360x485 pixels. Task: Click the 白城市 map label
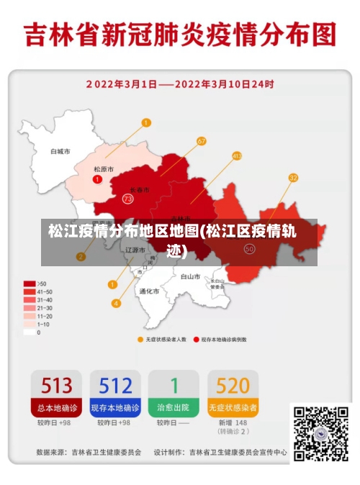click(x=60, y=152)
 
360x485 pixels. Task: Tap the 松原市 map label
click(x=104, y=169)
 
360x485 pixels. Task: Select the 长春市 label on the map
click(x=140, y=189)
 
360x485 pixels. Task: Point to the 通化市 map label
click(x=149, y=291)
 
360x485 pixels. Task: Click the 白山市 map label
click(x=190, y=276)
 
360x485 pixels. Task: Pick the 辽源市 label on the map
click(x=135, y=250)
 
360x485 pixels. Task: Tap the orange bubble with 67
click(x=201, y=141)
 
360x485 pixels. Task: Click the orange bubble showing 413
click(x=237, y=155)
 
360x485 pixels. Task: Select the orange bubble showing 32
click(x=293, y=177)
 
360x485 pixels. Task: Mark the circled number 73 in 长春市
click(x=128, y=198)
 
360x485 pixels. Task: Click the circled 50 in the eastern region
click(x=250, y=248)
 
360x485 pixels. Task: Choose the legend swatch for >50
click(x=30, y=284)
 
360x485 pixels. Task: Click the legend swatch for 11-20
click(x=30, y=316)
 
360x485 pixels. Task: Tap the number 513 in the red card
click(x=56, y=386)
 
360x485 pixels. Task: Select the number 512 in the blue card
click(x=115, y=386)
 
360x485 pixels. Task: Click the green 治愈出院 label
click(x=174, y=407)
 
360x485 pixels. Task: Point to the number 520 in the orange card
click(x=233, y=386)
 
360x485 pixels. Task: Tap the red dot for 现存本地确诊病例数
click(x=196, y=339)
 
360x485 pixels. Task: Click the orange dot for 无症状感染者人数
click(x=140, y=339)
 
